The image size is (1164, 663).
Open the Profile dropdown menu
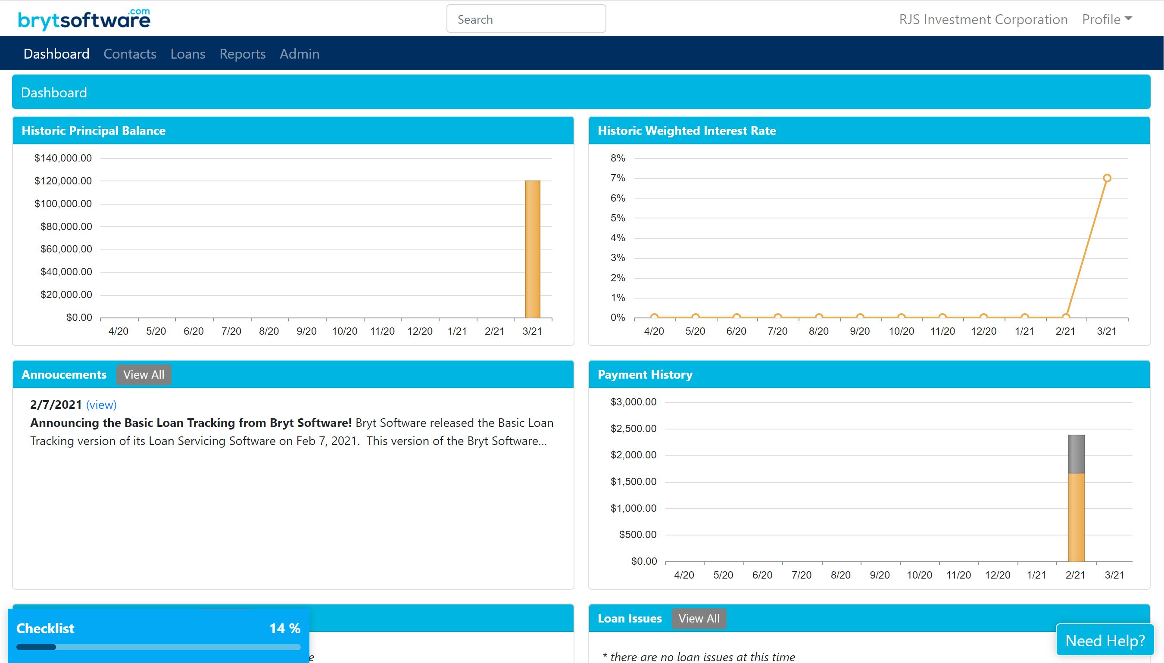coord(1106,19)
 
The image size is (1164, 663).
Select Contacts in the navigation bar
coord(130,54)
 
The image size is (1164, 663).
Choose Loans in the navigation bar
coord(187,54)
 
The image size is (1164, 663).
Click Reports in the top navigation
coord(242,54)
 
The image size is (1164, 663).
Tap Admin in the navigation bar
coord(299,54)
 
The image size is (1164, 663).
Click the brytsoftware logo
coord(84,19)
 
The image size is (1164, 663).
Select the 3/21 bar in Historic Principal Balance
coord(532,249)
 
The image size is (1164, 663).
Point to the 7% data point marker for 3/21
coord(1107,178)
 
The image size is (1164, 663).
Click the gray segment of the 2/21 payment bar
coord(1076,454)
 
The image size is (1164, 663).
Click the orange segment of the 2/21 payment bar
coord(1076,517)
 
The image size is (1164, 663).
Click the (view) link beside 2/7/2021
coord(101,405)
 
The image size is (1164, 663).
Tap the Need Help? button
coord(1105,640)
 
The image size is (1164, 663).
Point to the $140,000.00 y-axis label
coord(63,158)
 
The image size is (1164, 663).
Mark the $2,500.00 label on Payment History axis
coord(633,429)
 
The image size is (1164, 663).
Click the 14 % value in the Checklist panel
coord(284,629)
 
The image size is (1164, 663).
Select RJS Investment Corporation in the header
coord(983,19)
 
